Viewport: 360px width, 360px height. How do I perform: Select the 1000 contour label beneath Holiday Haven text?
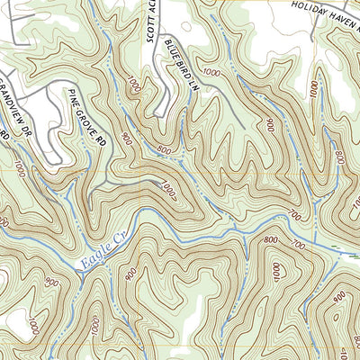(314, 90)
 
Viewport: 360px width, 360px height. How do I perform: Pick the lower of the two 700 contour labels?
(296, 245)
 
